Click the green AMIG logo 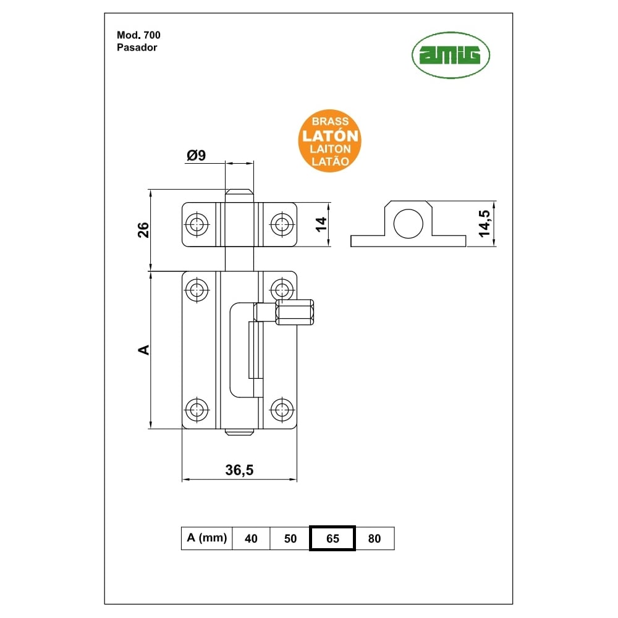tap(451, 55)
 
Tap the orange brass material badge tap(330, 141)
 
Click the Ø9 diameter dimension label tap(197, 155)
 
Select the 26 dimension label tap(143, 230)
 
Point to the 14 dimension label tap(321, 224)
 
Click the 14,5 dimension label tap(485, 224)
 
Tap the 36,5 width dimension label tap(239, 470)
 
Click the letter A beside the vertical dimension tap(144, 350)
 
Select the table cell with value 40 tap(251, 538)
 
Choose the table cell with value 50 tap(290, 538)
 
